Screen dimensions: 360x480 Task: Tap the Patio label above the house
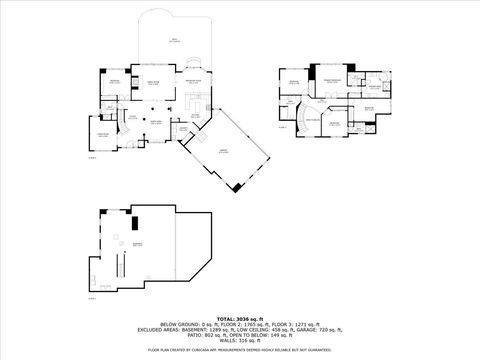point(174,39)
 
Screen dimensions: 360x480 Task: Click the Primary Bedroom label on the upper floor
point(332,79)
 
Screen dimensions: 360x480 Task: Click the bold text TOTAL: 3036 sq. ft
point(240,317)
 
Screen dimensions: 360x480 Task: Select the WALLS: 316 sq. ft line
point(240,341)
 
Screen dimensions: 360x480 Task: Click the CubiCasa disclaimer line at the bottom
point(240,350)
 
